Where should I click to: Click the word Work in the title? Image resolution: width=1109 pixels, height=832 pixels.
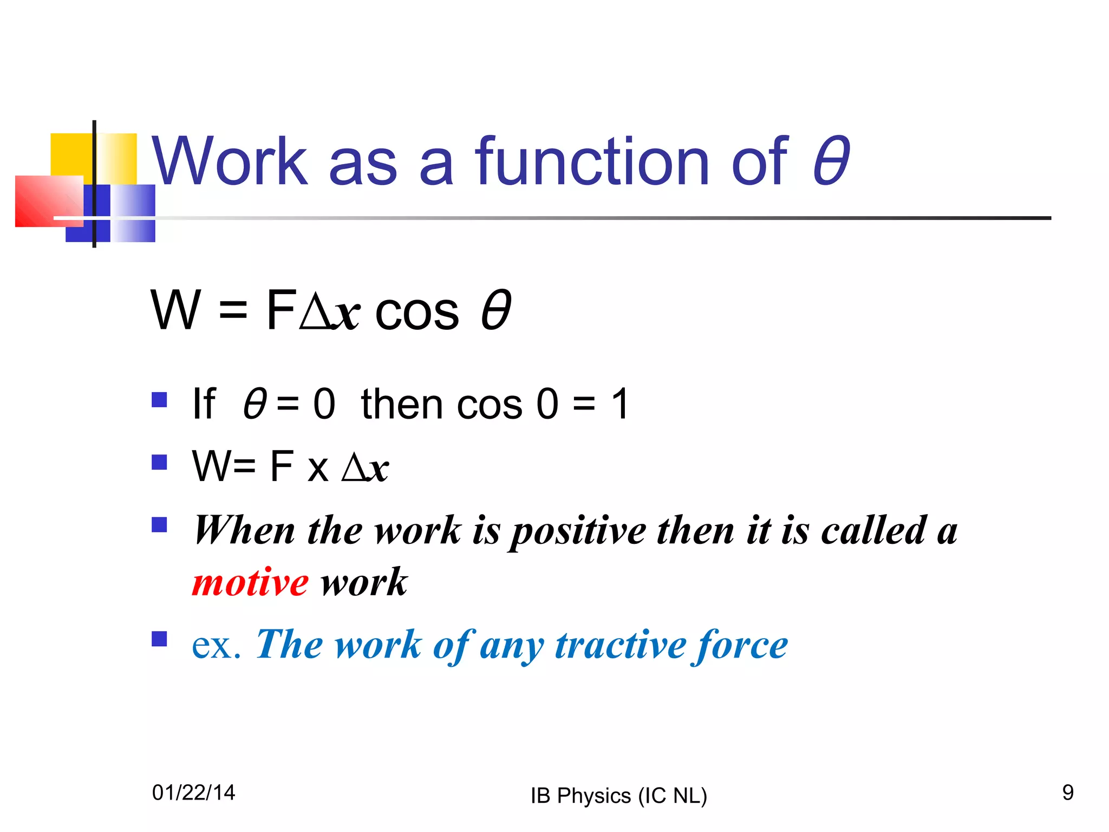230,161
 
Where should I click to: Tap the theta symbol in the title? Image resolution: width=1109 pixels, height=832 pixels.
831,161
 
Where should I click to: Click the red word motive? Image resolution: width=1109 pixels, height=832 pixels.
250,583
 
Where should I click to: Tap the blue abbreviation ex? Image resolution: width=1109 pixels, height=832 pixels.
216,645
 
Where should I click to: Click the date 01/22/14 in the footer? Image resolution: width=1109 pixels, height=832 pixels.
194,792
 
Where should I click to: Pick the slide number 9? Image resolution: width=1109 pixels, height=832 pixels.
1068,792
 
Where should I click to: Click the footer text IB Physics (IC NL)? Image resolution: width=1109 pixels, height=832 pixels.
619,796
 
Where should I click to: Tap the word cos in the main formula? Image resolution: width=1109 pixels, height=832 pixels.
417,311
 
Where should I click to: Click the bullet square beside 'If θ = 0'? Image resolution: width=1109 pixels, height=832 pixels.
159,400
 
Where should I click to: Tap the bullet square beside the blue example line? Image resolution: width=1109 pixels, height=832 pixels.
159,639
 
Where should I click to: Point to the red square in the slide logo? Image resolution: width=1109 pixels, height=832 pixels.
43,200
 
